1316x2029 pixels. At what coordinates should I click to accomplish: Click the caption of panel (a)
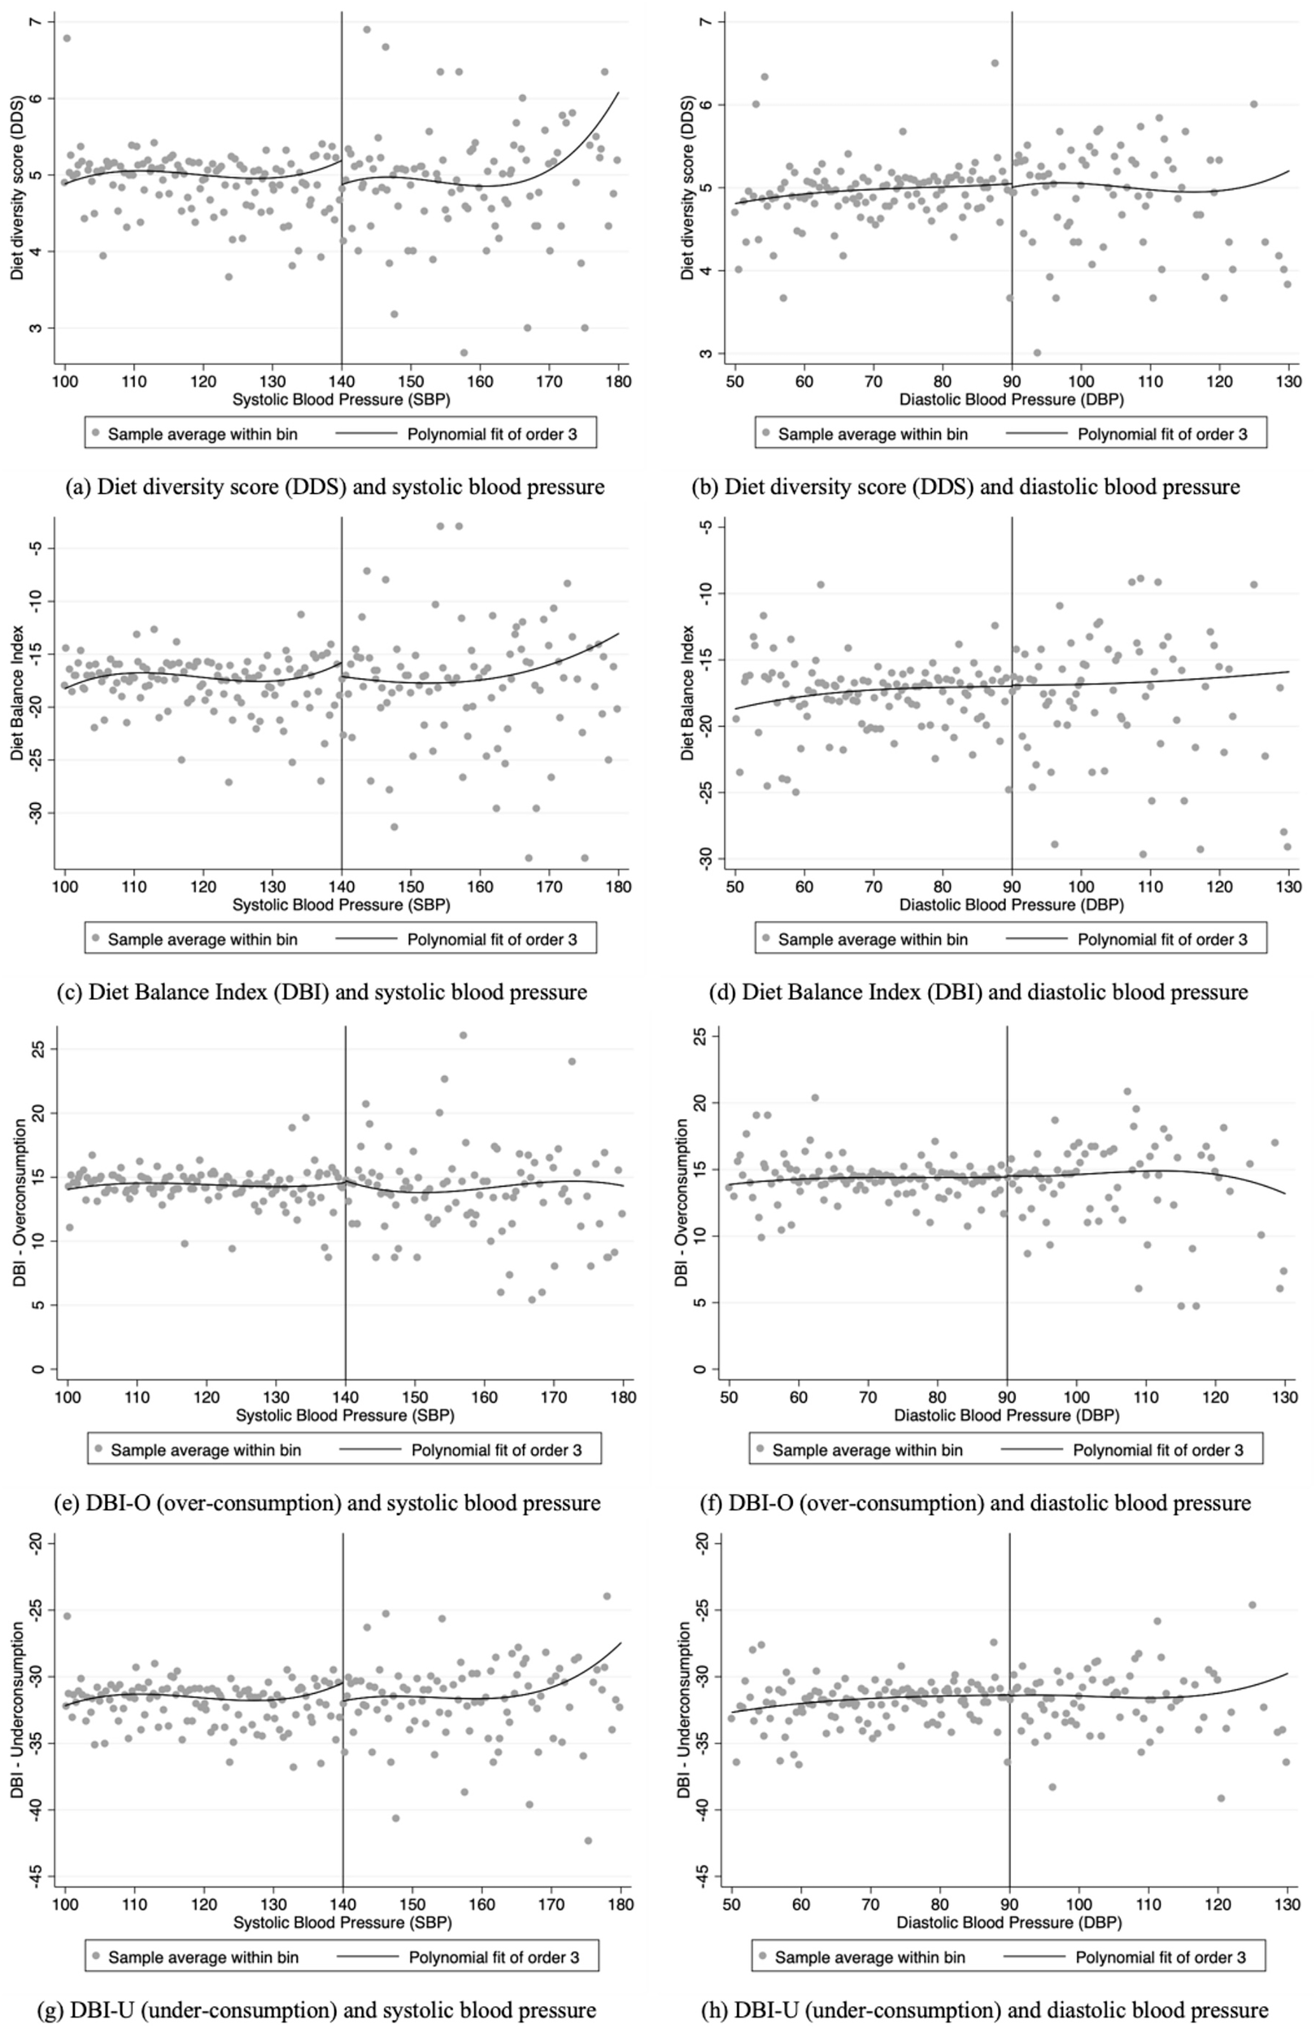click(334, 487)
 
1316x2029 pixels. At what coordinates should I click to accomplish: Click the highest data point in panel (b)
click(995, 63)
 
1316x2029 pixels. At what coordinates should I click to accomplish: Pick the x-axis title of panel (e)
click(345, 1415)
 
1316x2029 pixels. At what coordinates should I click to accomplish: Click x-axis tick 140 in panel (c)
click(341, 887)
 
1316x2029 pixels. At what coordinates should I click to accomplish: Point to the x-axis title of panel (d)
click(1012, 904)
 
